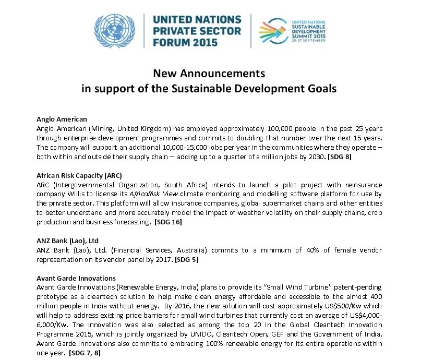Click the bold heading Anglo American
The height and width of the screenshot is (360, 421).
click(62, 119)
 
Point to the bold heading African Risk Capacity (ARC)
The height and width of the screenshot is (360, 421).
click(79, 175)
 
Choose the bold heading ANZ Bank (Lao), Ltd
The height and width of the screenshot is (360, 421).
click(68, 241)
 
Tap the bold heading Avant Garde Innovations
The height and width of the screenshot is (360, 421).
click(76, 278)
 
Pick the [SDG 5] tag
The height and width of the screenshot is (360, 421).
click(186, 259)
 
